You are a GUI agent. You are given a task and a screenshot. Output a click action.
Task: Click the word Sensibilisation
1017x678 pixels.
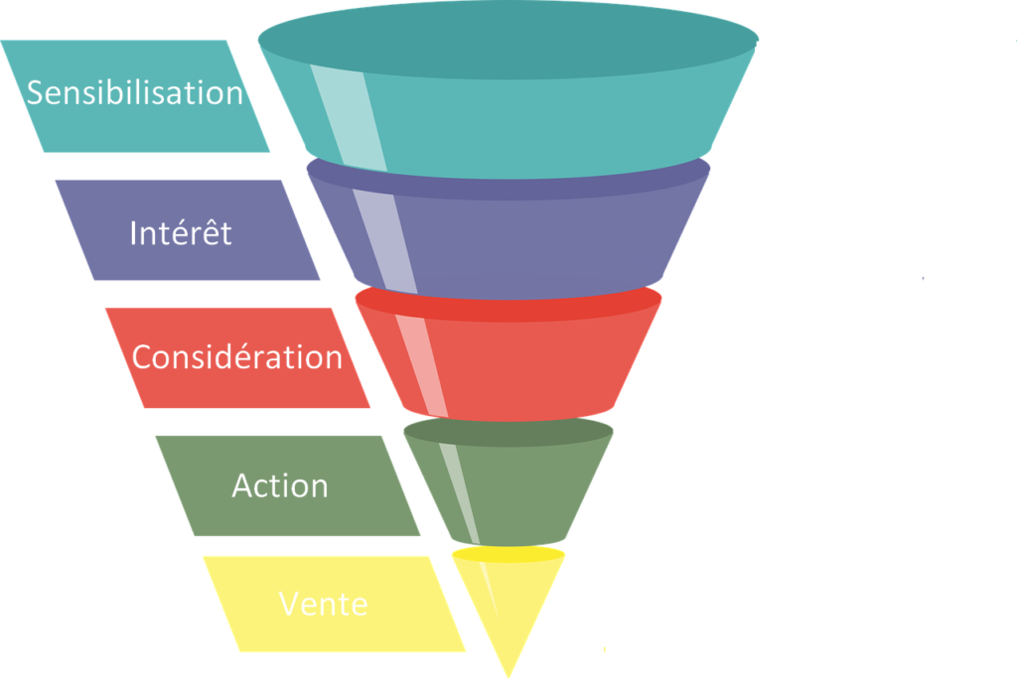135,92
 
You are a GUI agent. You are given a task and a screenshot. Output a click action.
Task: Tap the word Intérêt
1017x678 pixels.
181,233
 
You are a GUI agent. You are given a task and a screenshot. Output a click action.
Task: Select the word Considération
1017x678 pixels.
237,357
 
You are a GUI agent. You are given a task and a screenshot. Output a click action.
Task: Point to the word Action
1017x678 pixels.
280,485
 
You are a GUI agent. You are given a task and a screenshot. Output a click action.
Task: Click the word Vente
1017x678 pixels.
324,604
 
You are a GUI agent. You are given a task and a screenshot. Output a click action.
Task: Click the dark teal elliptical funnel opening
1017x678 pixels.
507,40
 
